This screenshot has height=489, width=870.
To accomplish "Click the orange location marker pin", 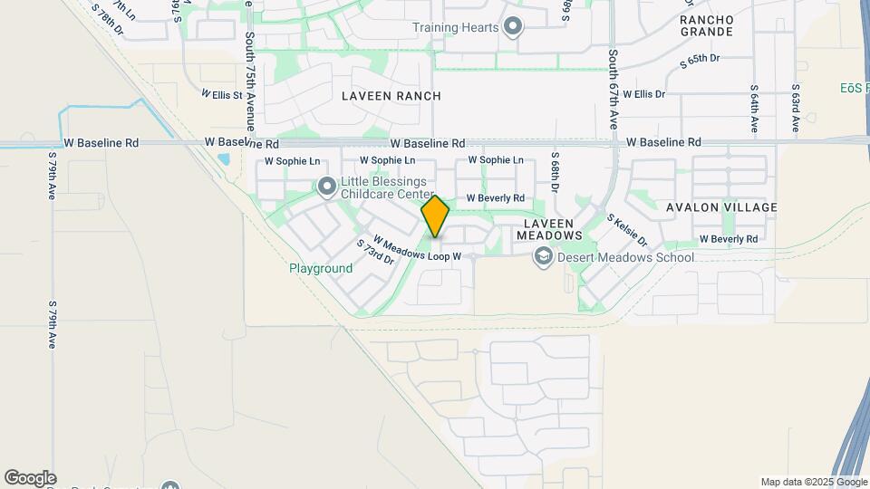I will (x=436, y=216).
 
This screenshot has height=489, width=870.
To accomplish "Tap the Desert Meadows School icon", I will (x=543, y=257).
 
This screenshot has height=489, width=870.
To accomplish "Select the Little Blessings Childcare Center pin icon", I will (x=327, y=187).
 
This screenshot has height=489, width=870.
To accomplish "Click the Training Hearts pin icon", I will (x=513, y=26).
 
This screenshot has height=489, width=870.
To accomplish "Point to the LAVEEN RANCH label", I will (x=391, y=96).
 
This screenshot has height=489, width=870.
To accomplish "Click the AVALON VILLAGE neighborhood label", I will (x=721, y=207).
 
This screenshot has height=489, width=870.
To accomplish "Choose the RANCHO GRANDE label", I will (x=706, y=25).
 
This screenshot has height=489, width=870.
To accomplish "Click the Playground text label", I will (x=321, y=269).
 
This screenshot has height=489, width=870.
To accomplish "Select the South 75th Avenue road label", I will (x=249, y=82).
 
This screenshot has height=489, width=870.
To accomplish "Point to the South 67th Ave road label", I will (x=614, y=88).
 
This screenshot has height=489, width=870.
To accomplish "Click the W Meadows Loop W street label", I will (x=422, y=250).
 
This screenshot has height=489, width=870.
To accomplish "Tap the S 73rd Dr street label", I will (x=375, y=253).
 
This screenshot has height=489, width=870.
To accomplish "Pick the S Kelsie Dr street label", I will (x=627, y=230).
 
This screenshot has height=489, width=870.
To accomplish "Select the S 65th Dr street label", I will (x=699, y=61).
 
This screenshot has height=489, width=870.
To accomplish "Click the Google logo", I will (x=30, y=478).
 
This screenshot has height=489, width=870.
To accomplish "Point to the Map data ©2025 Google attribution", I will (x=813, y=482).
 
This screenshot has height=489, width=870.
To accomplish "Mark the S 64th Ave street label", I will (x=754, y=109).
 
